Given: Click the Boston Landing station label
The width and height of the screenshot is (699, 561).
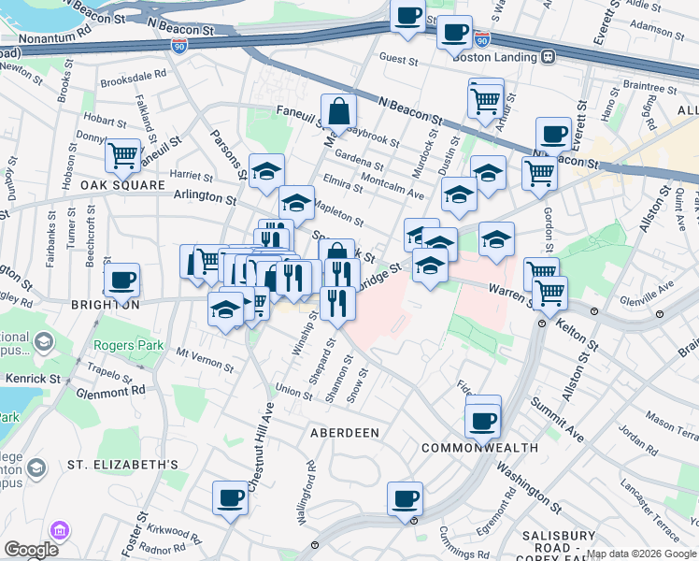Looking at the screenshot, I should tap(496, 55).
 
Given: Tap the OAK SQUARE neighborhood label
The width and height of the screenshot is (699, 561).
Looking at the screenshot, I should tap(121, 185).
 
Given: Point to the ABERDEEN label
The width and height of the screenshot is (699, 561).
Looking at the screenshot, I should tap(345, 433).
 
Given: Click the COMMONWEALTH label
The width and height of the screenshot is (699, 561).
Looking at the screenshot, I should tap(479, 448).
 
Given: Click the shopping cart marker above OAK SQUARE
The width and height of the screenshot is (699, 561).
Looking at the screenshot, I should tap(122, 155).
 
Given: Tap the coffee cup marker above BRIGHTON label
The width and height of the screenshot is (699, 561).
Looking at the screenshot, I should tap(121, 279).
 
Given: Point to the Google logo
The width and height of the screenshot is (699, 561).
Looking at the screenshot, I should tap(31, 550).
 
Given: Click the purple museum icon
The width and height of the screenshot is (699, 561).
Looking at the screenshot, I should tap(61, 531).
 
